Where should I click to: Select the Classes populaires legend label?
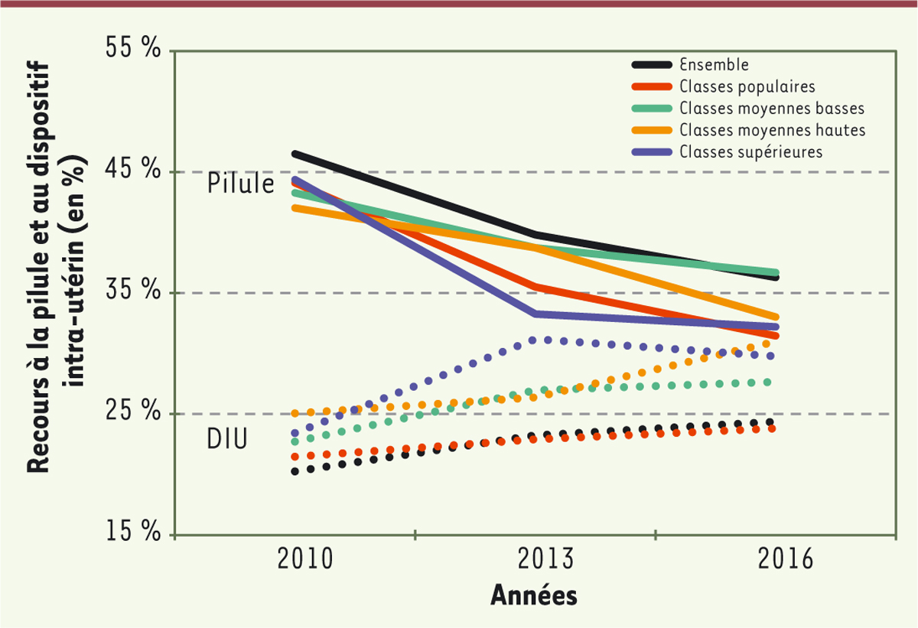(x=747, y=86)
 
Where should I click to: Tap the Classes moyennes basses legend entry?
(x=771, y=107)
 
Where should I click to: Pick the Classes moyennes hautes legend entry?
(x=771, y=129)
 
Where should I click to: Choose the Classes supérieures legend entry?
(x=750, y=151)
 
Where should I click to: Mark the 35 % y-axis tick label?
(x=132, y=292)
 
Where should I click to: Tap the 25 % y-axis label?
(x=132, y=413)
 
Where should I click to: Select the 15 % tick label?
(x=132, y=534)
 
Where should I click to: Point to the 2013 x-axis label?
(x=546, y=560)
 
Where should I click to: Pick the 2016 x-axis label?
(x=786, y=560)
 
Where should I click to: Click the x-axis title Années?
(x=533, y=594)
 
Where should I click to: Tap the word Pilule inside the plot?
(x=241, y=185)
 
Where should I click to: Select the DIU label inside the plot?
(x=227, y=440)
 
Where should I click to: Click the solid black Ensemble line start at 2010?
(x=295, y=154)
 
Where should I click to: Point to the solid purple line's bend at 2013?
(x=535, y=314)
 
